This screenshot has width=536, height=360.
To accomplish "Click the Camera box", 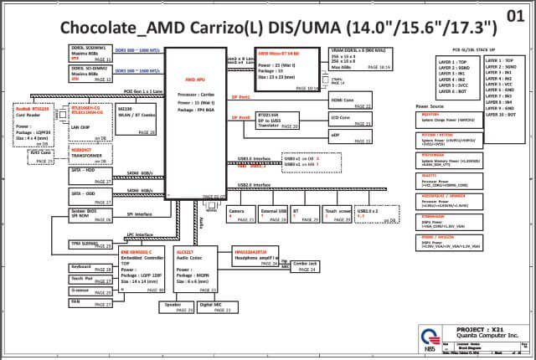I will click(241, 215).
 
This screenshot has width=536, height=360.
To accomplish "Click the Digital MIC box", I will click(214, 307).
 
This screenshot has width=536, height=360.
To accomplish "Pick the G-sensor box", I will click(90, 291).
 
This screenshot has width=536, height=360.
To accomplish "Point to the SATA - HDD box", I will click(90, 173).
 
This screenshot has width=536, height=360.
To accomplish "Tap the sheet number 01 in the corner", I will click(518, 16).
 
